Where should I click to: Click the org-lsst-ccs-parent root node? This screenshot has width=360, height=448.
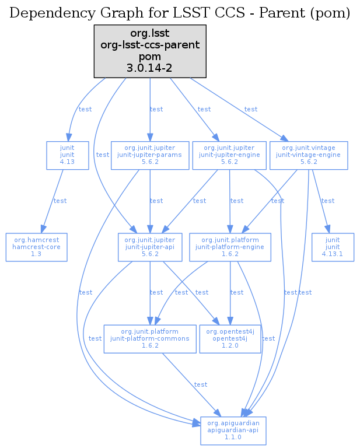151,51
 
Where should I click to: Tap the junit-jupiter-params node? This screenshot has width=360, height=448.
151,155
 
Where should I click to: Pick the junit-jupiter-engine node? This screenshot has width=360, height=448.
229,155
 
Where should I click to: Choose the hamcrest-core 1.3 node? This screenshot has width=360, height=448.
36,247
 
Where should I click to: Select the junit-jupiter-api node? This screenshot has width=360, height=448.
151,247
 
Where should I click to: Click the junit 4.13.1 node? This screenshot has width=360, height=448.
333,247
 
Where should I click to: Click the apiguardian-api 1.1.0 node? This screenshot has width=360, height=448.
233,430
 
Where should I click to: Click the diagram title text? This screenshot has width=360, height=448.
180,13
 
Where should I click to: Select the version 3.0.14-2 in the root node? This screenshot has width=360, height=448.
151,68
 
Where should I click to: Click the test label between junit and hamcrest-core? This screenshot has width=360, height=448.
60,201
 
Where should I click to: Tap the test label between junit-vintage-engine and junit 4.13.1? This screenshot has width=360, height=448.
328,201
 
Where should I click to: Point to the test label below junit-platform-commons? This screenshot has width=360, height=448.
201,384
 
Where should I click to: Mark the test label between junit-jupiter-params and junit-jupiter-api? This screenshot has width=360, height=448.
156,201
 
